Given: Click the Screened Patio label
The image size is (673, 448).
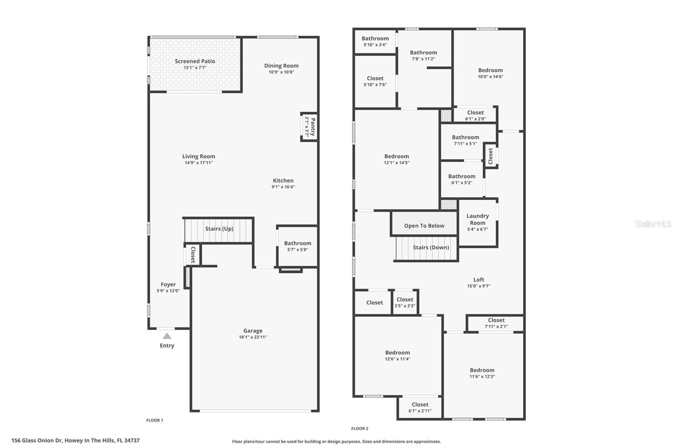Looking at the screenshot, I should (195, 61).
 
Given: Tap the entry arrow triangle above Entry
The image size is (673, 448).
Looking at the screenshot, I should (167, 336).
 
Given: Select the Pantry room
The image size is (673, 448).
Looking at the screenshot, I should (309, 127).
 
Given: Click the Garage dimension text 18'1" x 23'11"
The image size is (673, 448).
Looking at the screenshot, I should (253, 337).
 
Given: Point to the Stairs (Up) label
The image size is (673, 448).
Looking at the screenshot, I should (219, 229).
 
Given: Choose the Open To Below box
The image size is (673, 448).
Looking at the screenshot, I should (424, 226).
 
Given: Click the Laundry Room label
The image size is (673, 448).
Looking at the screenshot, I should (477, 219).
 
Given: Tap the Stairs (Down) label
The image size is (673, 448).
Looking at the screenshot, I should (431, 248).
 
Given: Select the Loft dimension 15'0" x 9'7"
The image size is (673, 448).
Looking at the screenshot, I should (479, 286).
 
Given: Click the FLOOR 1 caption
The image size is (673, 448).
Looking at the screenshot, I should (154, 420).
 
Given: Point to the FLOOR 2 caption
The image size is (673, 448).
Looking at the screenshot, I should (360, 429).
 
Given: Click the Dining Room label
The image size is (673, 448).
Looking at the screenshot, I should (281, 66).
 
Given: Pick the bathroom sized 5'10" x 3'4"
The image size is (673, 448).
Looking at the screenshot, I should (375, 42).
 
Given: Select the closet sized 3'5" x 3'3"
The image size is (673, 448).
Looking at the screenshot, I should (405, 303).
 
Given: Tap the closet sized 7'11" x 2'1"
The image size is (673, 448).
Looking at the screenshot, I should (496, 323).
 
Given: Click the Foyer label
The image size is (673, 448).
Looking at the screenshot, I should (168, 285).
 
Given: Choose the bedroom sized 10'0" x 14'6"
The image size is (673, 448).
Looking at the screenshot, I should (490, 73).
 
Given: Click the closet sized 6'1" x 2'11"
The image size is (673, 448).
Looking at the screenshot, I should (420, 408).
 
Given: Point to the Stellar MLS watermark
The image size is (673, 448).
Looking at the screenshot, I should (653, 224).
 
